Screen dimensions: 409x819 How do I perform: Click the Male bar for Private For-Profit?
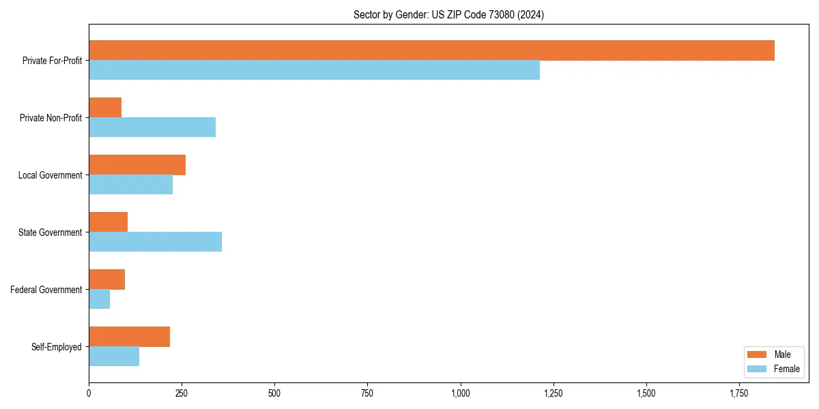pos(431,50)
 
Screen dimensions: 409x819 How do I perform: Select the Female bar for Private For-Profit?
pos(314,70)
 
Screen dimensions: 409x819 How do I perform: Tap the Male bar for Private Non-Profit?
pos(105,108)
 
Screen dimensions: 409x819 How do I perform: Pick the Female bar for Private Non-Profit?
pos(152,127)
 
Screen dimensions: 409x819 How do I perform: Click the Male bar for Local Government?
pos(137,165)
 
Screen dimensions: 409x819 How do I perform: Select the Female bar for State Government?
pos(155,242)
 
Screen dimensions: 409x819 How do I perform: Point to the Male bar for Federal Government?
pos(106,279)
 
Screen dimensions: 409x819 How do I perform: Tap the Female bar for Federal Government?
pos(99,299)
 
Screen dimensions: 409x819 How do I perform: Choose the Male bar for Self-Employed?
pos(129,337)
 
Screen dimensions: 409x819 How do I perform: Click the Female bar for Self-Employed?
pos(114,357)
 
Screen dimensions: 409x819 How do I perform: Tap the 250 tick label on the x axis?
pos(182,393)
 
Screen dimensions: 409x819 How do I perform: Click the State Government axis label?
pos(50,232)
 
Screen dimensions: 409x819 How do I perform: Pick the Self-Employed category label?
pos(56,347)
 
